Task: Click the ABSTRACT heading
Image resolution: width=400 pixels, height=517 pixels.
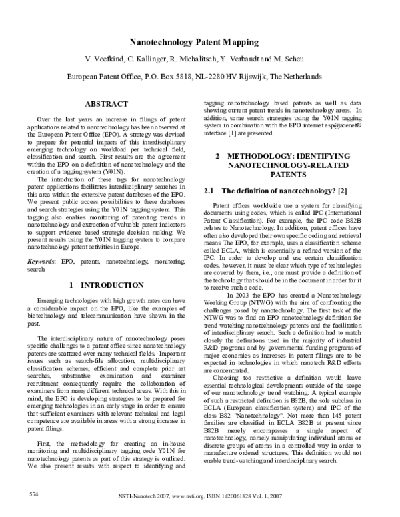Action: tap(107, 105)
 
